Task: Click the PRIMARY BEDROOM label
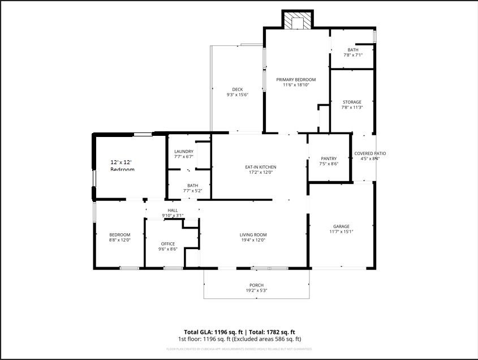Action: [296, 80]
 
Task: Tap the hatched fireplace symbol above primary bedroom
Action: [298, 20]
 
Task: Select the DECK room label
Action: [238, 89]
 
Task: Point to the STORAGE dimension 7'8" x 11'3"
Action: [352, 108]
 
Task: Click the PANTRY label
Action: [329, 158]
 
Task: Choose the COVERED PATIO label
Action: [370, 153]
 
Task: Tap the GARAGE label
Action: [341, 226]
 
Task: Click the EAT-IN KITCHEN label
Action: [260, 167]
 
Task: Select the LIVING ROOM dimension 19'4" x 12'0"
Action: [253, 240]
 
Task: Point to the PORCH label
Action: [256, 285]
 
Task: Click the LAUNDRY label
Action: [184, 152]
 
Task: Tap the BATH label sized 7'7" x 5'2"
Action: [192, 185]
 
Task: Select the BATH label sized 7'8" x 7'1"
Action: [353, 50]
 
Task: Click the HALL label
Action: [173, 210]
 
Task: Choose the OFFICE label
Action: [168, 244]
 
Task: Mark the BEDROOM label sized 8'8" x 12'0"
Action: [120, 235]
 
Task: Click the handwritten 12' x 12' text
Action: [122, 162]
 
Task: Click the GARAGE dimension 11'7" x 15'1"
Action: [341, 232]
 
